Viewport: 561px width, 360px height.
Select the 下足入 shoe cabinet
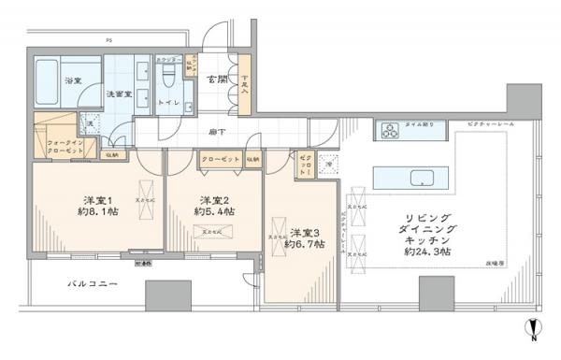pos(245,88)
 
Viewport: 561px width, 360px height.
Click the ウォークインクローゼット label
pos(65,146)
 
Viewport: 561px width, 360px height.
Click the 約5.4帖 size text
pos(214,211)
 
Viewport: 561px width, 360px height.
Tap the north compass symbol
pos(533,329)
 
